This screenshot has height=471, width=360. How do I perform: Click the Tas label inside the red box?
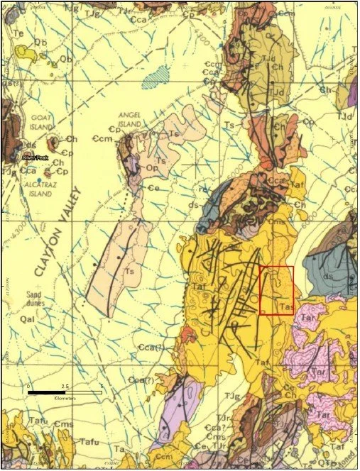(285, 306)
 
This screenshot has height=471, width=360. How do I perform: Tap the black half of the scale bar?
(47, 392)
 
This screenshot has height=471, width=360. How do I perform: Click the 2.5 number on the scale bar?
(65, 386)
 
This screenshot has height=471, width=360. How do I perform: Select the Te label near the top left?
(18, 33)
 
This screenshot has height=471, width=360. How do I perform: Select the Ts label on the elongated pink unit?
(129, 270)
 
